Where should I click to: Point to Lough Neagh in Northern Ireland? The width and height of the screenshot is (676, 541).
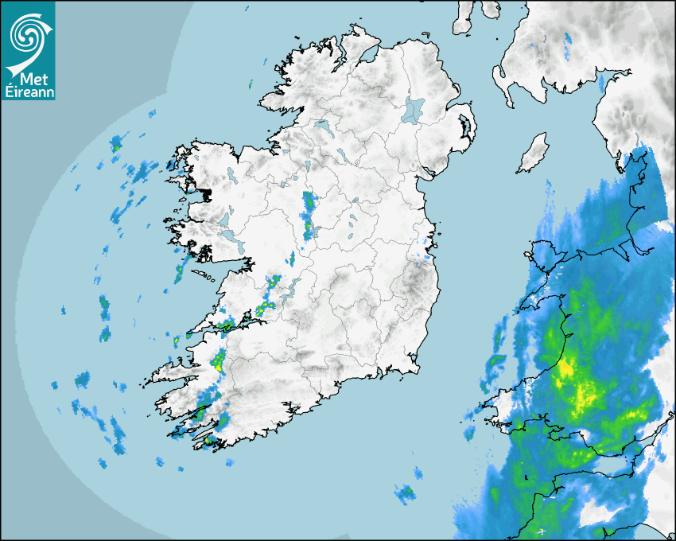click(x=414, y=109)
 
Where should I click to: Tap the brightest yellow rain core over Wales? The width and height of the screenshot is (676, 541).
click(x=566, y=368)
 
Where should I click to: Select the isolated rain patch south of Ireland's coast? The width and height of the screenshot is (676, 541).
click(x=405, y=493)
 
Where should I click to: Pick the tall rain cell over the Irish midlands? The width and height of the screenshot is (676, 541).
click(x=309, y=215)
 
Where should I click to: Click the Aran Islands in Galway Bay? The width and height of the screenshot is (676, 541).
click(x=204, y=275)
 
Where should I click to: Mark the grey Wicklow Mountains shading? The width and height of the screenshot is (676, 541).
click(x=414, y=278)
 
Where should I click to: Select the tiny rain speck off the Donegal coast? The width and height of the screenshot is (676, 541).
click(x=250, y=83)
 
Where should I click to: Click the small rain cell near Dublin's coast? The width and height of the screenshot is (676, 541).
click(x=426, y=255)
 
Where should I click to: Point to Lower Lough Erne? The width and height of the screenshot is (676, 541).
click(x=321, y=125)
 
